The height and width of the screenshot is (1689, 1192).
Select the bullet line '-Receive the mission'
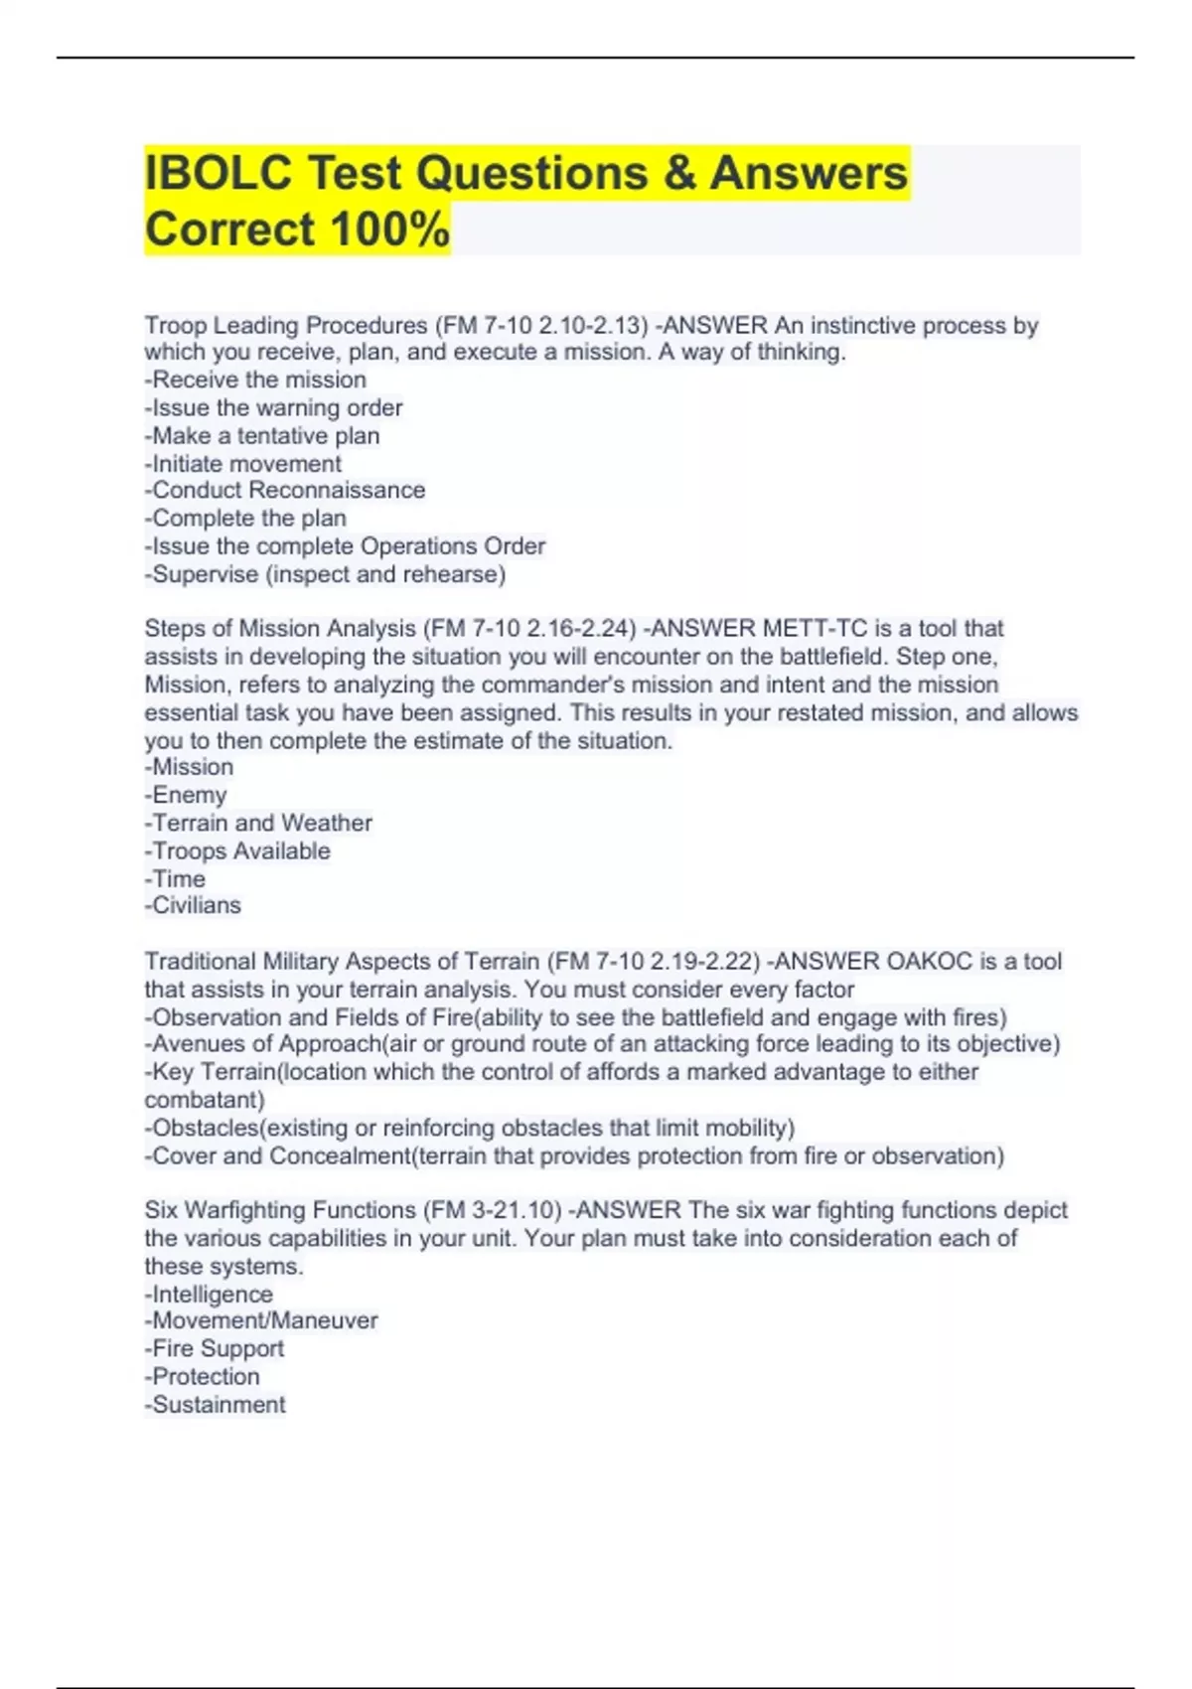pyautogui.click(x=255, y=380)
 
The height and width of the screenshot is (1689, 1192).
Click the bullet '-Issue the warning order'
pyautogui.click(x=273, y=407)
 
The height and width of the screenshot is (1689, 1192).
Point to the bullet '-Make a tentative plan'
pyautogui.click(x=262, y=435)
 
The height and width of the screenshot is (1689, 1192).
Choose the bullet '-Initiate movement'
pyautogui.click(x=243, y=463)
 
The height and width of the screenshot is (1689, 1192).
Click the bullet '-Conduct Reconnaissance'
pyautogui.click(x=285, y=490)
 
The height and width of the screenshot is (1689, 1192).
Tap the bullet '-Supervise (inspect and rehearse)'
pyautogui.click(x=325, y=574)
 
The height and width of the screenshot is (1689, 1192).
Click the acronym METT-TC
pyautogui.click(x=815, y=628)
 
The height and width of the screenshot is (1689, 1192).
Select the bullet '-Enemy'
pyautogui.click(x=186, y=795)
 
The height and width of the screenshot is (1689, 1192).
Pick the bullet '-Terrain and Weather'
pyautogui.click(x=258, y=823)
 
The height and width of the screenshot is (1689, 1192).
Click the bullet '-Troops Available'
pyautogui.click(x=237, y=850)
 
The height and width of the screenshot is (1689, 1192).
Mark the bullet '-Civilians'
pyautogui.click(x=193, y=905)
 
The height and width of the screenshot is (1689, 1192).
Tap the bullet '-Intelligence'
pyautogui.click(x=209, y=1294)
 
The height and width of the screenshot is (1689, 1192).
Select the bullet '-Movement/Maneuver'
pyautogui.click(x=261, y=1320)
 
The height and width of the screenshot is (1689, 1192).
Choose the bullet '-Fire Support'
pyautogui.click(x=215, y=1348)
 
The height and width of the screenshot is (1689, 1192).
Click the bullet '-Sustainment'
pyautogui.click(x=216, y=1404)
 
